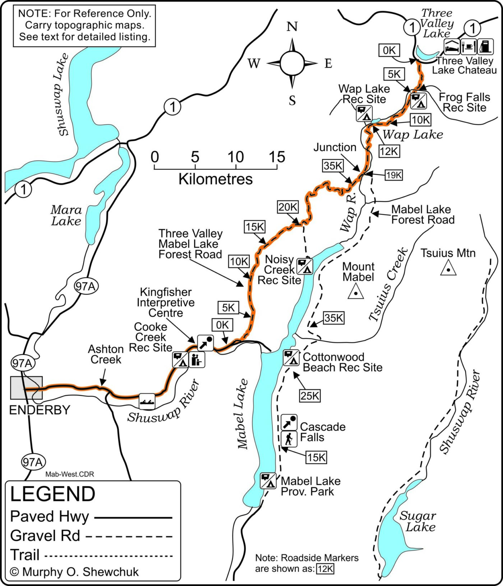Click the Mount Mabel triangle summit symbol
[x=356, y=292]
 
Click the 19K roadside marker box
[x=393, y=175]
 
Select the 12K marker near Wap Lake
[x=389, y=151]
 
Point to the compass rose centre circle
[x=292, y=63]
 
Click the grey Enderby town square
[x=26, y=388]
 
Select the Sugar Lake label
[x=418, y=521]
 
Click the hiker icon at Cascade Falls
[x=289, y=439]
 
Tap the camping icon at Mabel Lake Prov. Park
[x=268, y=481]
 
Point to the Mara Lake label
[x=66, y=215]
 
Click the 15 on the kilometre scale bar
[x=276, y=157]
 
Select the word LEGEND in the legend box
[x=52, y=494]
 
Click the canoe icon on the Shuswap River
[x=147, y=402]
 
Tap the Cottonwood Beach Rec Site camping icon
[x=291, y=357]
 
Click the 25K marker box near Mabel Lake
[x=310, y=396]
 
